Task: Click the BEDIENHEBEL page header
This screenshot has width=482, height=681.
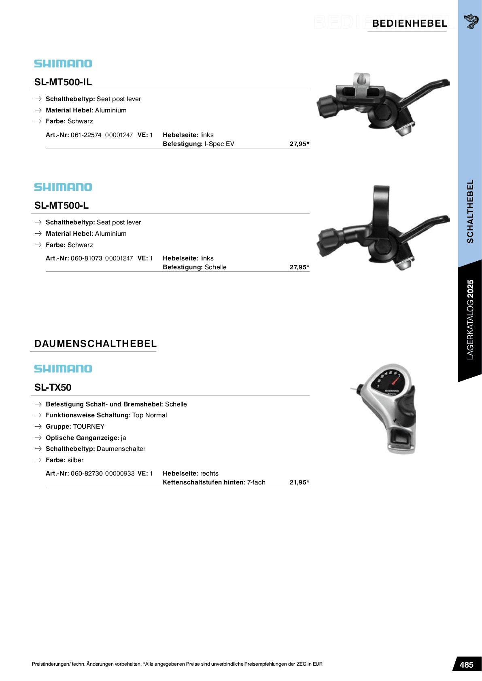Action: click(410, 23)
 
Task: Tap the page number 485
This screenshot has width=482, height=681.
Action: click(466, 664)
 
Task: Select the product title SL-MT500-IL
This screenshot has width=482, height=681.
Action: click(63, 82)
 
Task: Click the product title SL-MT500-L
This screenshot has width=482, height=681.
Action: click(62, 205)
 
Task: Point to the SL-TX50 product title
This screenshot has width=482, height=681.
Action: click(53, 387)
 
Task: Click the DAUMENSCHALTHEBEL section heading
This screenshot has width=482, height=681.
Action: click(96, 344)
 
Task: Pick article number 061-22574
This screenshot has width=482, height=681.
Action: click(86, 135)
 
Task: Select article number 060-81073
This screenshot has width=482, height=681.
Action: click(86, 258)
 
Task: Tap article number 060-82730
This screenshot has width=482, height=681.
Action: click(87, 474)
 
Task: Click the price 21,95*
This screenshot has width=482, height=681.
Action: click(299, 482)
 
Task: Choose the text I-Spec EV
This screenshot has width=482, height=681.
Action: click(219, 144)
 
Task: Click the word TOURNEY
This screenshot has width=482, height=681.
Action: click(89, 427)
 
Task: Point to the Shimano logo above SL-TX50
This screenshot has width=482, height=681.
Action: click(63, 369)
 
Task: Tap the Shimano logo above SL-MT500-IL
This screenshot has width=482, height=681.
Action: click(63, 63)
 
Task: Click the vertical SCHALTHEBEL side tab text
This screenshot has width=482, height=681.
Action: click(470, 211)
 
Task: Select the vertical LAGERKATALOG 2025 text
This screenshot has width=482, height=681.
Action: click(470, 319)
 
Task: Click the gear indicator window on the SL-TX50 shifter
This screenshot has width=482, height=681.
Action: click(389, 380)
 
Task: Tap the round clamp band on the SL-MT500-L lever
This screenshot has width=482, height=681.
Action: click(381, 204)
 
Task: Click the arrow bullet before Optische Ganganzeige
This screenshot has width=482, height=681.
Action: click(38, 438)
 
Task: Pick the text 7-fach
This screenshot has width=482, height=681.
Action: click(256, 482)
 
